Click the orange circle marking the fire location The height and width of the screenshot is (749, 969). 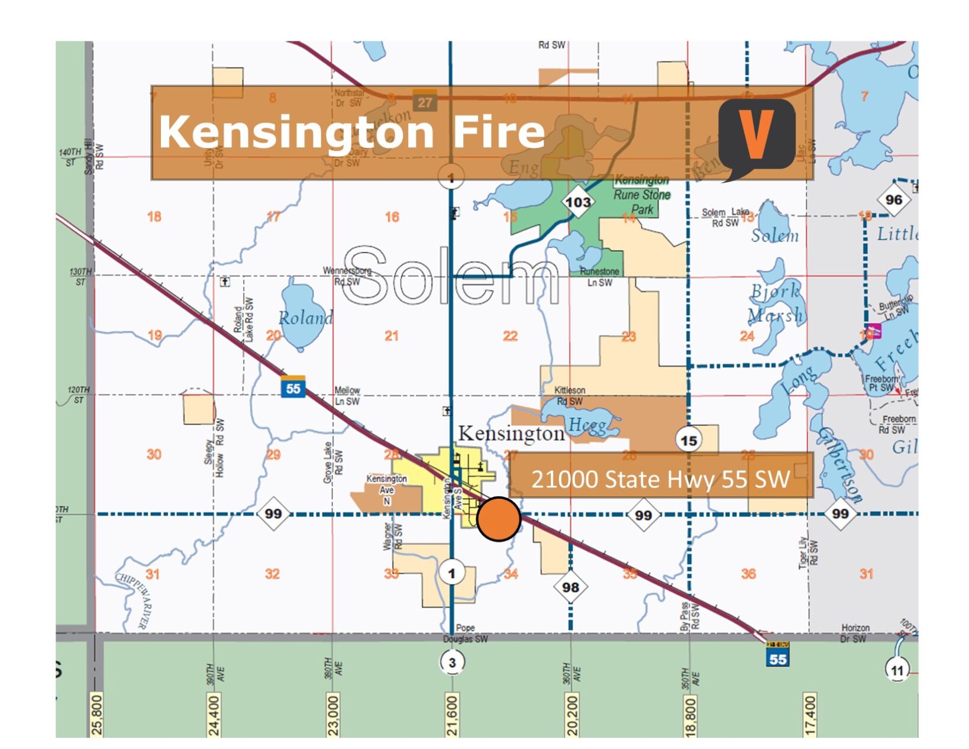click(499, 519)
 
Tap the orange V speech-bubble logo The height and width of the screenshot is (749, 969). click(757, 137)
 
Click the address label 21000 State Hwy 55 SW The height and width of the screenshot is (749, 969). click(660, 478)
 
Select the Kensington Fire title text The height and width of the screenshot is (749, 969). click(351, 131)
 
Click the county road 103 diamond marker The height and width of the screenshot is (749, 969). click(578, 202)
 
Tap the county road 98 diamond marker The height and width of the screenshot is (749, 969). click(570, 587)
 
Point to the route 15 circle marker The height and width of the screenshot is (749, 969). click(689, 441)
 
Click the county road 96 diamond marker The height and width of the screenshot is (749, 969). click(893, 199)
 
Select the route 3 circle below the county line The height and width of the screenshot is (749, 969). click(452, 662)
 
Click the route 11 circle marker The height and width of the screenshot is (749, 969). click(897, 670)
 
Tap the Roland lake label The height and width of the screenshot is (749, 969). click(305, 318)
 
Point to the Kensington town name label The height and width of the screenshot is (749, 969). click(512, 433)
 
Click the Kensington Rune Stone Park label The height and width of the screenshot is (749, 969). click(642, 194)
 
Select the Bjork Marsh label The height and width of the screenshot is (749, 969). click(775, 303)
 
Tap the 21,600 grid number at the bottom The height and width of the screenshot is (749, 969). click(452, 715)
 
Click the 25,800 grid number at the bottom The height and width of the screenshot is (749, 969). click(97, 715)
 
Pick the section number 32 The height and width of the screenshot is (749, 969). click(272, 573)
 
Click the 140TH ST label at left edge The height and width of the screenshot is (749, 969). click(70, 157)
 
